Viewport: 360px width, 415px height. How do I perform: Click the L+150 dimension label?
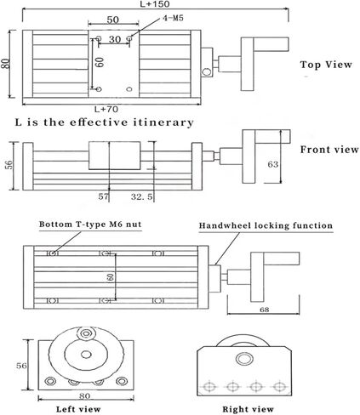[155, 4]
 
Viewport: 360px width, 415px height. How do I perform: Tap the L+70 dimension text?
[106, 109]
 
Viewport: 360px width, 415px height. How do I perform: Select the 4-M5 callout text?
[173, 18]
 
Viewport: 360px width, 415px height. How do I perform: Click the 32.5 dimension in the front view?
[141, 196]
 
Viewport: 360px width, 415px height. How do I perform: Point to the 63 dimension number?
[273, 164]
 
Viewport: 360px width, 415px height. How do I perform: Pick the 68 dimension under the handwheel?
[264, 310]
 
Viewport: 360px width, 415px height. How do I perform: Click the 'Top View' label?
[326, 65]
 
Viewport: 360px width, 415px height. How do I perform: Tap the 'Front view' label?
[329, 150]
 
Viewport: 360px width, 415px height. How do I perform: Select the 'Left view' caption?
[78, 409]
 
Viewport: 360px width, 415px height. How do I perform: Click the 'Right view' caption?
[248, 409]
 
